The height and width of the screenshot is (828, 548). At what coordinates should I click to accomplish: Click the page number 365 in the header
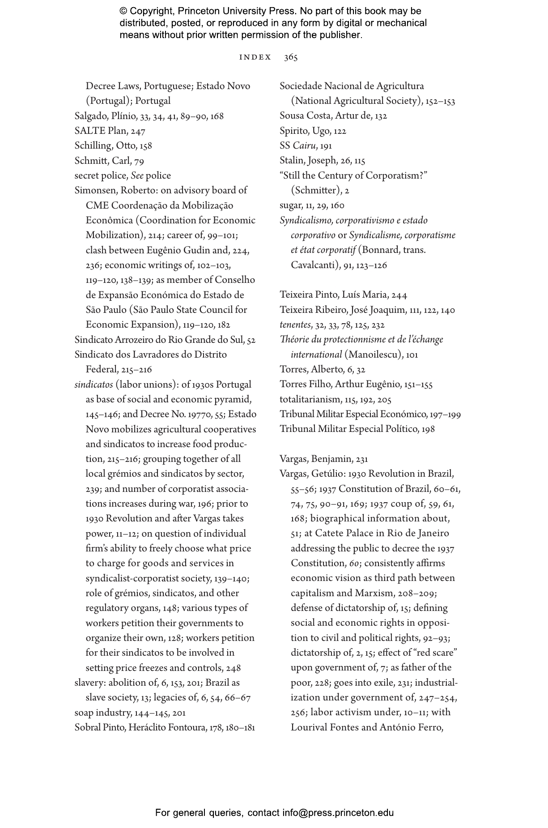click(x=291, y=57)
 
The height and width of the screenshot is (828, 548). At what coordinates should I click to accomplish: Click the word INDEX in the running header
click(x=255, y=57)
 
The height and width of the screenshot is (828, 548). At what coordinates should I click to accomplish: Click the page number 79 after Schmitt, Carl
click(x=139, y=161)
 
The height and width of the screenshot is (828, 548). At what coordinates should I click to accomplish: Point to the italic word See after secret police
click(x=137, y=175)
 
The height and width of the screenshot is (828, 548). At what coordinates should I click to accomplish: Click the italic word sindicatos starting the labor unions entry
click(x=93, y=384)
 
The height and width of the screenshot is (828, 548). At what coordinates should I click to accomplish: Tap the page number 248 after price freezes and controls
click(x=234, y=668)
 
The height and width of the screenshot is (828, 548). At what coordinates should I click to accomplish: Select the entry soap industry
click(x=103, y=713)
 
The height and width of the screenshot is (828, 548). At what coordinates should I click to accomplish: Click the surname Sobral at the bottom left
click(x=87, y=727)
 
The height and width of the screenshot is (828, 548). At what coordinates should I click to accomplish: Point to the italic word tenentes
click(x=295, y=324)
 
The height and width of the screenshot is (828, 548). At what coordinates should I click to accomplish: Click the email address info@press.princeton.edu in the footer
click(x=338, y=813)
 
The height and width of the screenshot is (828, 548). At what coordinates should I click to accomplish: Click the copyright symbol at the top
click(x=123, y=11)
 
